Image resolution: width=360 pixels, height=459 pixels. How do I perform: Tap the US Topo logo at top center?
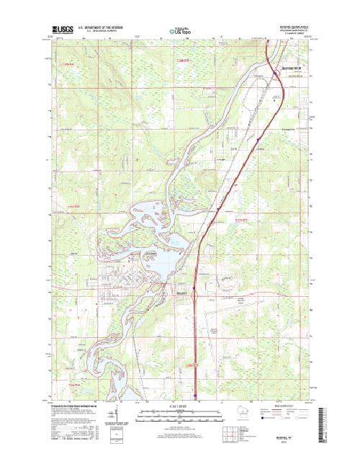[180, 31]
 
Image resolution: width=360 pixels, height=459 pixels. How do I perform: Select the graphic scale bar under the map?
[180, 413]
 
